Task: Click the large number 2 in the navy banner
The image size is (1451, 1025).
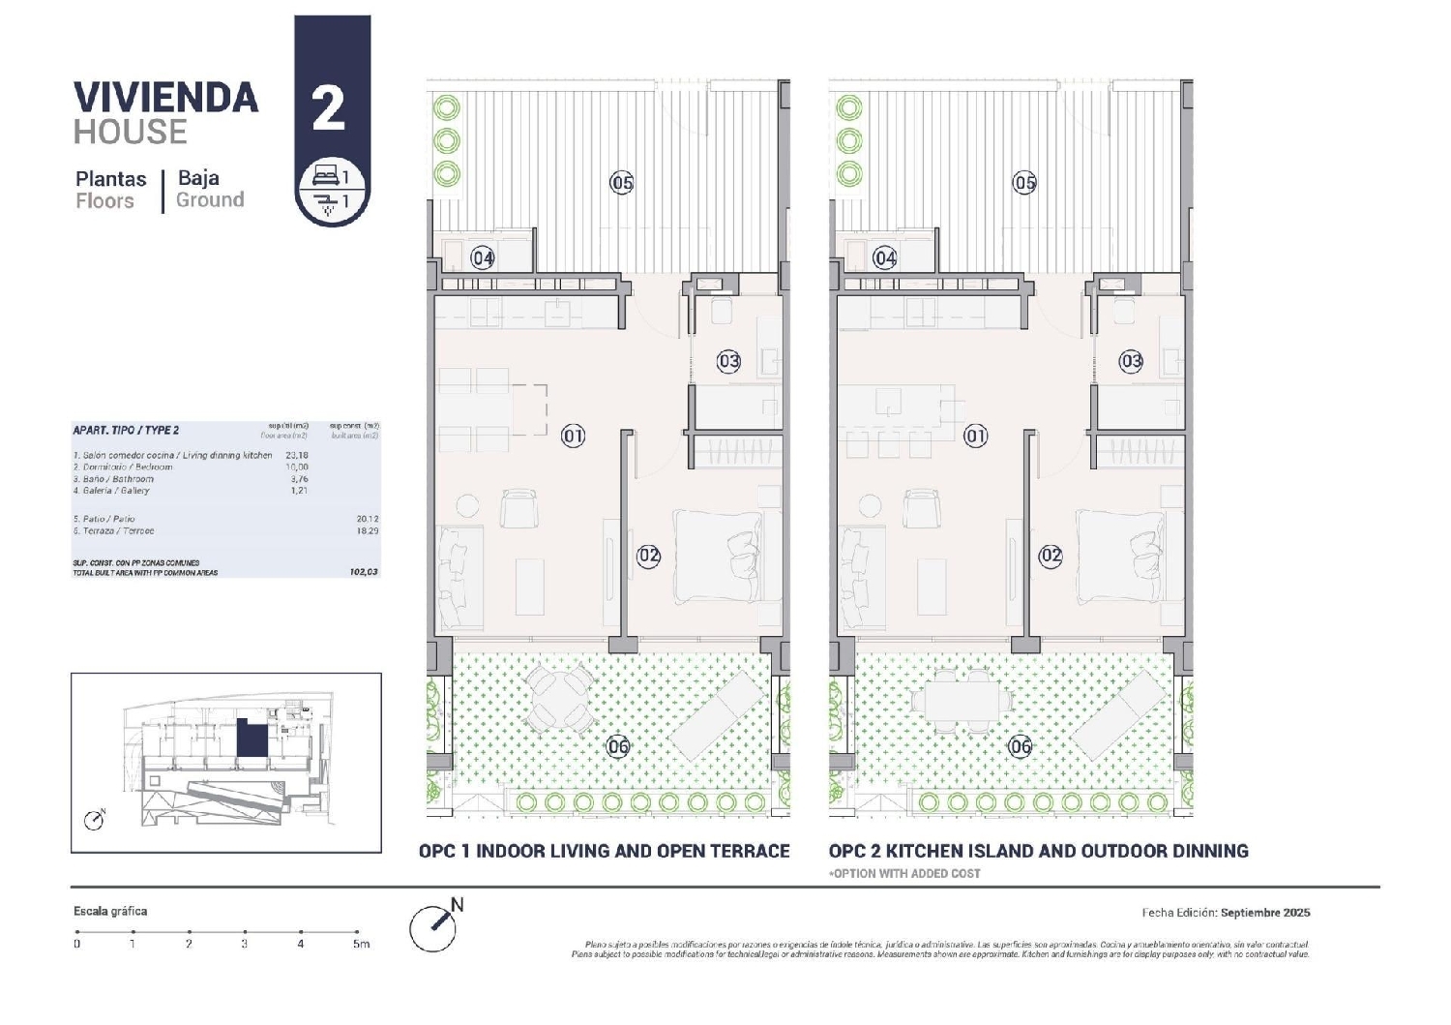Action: click(329, 108)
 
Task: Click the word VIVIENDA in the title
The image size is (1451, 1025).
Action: click(166, 98)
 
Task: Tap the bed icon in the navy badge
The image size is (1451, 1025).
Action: click(324, 177)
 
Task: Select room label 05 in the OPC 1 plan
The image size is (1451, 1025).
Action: click(622, 182)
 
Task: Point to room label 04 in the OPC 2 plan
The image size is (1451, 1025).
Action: click(885, 257)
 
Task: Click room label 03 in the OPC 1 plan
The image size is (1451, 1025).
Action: click(728, 361)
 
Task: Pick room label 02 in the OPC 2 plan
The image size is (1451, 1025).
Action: click(1051, 556)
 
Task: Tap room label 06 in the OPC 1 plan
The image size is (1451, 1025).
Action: click(618, 745)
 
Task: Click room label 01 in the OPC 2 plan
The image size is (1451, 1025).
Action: click(976, 436)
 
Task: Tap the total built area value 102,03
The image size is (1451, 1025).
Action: click(364, 572)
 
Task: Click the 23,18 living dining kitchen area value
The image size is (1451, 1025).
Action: click(297, 455)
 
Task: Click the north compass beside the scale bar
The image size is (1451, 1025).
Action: click(433, 927)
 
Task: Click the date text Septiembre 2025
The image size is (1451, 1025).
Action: click(1265, 913)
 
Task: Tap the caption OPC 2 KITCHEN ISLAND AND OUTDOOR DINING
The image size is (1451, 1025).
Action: click(1038, 851)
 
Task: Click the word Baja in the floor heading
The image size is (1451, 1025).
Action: click(198, 178)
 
